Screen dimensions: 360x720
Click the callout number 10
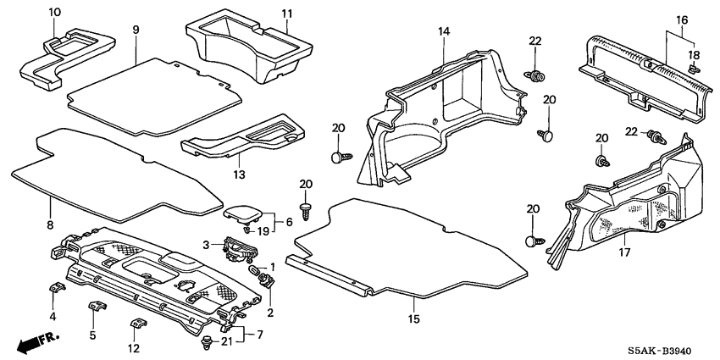point(55,12)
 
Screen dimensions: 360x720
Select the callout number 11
point(287,14)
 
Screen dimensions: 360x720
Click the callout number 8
point(50,225)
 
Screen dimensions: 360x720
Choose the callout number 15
point(414,320)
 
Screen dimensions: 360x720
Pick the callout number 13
point(239,174)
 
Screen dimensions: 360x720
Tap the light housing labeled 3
point(239,248)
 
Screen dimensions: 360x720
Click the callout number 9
point(136,30)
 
